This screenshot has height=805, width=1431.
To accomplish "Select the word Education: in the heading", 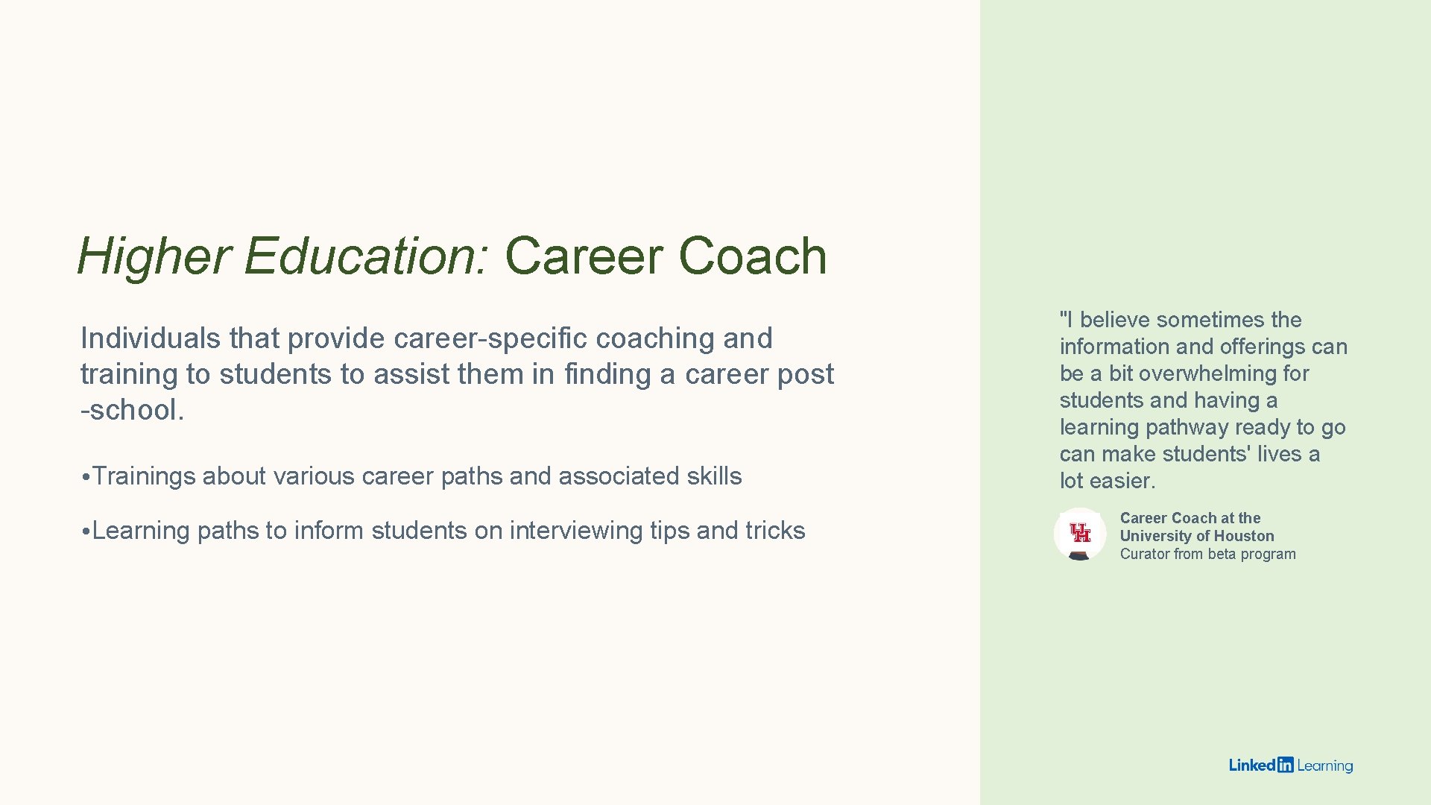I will coord(366,256).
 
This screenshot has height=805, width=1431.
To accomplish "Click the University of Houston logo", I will coord(1079,534).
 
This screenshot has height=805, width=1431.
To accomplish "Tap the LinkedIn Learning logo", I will coord(1290,765).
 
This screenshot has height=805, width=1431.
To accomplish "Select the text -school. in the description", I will coord(132,410).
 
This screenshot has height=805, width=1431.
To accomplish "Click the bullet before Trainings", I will coord(86,477).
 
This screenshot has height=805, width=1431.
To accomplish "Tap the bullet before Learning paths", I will coord(86,531).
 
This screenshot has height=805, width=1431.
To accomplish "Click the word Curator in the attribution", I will coord(1144,554).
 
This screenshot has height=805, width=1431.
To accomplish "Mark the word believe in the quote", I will coord(1116,320).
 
